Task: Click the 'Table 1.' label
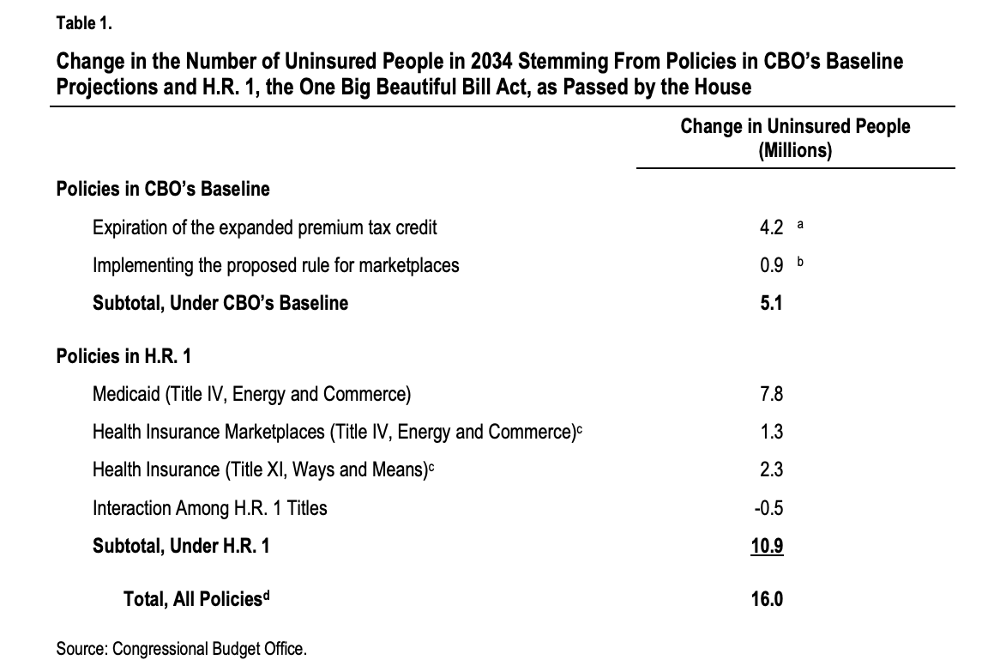click(x=84, y=23)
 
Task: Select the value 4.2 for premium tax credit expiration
click(x=771, y=227)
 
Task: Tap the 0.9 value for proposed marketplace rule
click(x=771, y=265)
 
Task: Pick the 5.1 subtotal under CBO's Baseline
click(x=771, y=303)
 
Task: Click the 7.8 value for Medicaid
click(x=771, y=394)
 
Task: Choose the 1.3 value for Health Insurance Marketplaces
click(x=771, y=432)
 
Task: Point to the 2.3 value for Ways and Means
click(x=771, y=469)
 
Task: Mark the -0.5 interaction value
click(x=768, y=508)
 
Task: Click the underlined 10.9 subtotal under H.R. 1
click(x=767, y=546)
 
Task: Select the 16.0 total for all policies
click(x=767, y=598)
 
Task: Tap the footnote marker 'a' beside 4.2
click(x=800, y=224)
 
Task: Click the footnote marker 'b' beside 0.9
click(x=800, y=261)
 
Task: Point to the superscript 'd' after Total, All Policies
click(x=266, y=594)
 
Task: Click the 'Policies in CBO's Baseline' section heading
click(x=163, y=189)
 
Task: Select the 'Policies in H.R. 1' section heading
click(x=123, y=355)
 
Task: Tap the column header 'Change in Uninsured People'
click(x=795, y=126)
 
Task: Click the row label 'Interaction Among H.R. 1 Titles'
click(x=210, y=508)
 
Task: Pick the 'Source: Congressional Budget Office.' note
click(x=182, y=648)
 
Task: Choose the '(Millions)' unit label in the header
click(x=795, y=151)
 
